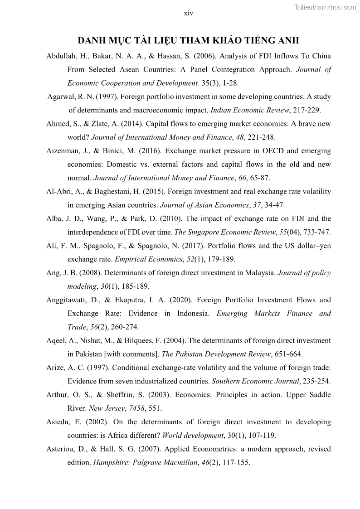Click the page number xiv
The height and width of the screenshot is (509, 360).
pos(189,14)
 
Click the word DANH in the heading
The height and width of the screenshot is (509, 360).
pos(92,41)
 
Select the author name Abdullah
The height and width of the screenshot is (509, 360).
pos(62,56)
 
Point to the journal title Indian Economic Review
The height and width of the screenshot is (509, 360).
pos(250,110)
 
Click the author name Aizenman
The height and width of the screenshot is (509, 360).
pos(63,151)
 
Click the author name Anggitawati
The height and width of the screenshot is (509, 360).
pos(67,300)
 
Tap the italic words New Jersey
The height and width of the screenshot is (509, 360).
pos(107,408)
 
